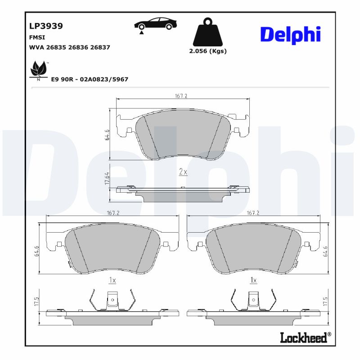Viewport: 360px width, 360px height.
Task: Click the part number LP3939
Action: [46, 26]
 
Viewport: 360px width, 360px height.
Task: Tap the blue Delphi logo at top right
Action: [290, 34]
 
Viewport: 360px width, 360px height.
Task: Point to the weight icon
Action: [207, 31]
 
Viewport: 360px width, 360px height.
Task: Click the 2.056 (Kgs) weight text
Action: [207, 51]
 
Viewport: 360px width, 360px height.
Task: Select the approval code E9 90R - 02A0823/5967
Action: [90, 79]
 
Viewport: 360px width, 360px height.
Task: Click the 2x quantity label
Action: [183, 171]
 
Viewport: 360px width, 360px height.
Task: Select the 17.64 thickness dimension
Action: [107, 178]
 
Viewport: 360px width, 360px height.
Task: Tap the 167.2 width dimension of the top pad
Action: [181, 96]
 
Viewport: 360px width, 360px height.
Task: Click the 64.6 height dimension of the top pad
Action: [107, 135]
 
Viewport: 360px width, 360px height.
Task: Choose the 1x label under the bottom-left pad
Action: [112, 280]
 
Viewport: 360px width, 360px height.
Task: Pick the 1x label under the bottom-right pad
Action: [253, 280]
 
